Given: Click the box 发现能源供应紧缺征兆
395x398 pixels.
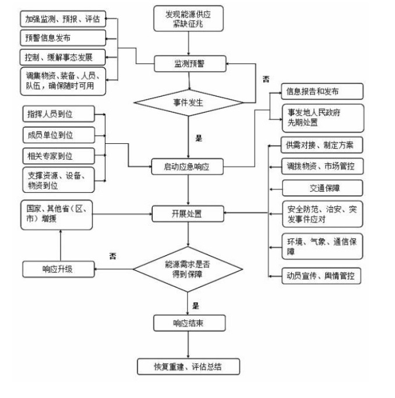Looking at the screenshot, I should (x=188, y=19).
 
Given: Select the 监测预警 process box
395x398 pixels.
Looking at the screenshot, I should (x=188, y=63).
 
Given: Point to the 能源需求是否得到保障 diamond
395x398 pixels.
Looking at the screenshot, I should (x=188, y=269).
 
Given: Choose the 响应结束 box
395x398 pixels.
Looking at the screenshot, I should (x=188, y=322).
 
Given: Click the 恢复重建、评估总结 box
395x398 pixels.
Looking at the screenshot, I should (x=188, y=367).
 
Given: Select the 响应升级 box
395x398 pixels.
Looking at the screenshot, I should (x=58, y=269).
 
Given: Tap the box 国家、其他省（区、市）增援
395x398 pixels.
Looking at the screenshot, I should (x=57, y=214).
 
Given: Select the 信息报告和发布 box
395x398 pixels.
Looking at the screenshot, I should (x=322, y=91).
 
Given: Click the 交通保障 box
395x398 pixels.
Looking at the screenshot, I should (x=322, y=188).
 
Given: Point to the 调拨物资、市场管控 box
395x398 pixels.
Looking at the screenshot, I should (x=322, y=166).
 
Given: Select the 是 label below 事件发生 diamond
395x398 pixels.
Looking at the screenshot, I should (x=198, y=139).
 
